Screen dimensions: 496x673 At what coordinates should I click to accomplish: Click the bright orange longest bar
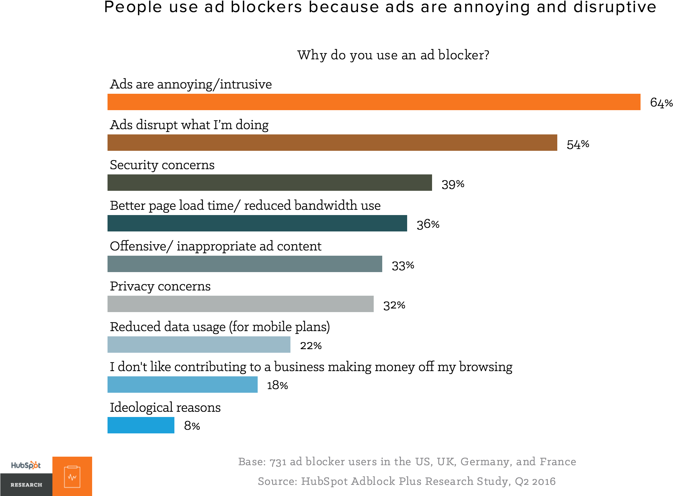(374, 102)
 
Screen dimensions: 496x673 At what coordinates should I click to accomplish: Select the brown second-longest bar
(332, 143)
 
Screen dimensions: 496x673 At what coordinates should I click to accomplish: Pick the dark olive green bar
(269, 183)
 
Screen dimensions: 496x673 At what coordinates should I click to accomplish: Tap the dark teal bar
(257, 223)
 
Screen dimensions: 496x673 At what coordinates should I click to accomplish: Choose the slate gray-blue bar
(245, 264)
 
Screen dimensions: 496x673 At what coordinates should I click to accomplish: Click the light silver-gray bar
(240, 304)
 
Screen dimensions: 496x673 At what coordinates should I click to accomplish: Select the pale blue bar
(199, 345)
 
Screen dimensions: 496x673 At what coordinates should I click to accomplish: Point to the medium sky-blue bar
(182, 385)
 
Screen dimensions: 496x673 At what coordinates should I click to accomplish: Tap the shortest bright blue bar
(141, 425)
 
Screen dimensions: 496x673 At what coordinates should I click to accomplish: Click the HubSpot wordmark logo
(26, 465)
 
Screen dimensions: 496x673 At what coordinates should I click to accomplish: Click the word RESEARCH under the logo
(26, 485)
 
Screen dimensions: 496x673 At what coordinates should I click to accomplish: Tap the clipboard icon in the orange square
(72, 476)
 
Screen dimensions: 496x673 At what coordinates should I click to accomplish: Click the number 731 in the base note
(278, 462)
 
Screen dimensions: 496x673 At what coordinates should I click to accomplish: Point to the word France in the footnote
(558, 462)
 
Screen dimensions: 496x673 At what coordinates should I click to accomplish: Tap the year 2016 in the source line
(544, 481)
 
